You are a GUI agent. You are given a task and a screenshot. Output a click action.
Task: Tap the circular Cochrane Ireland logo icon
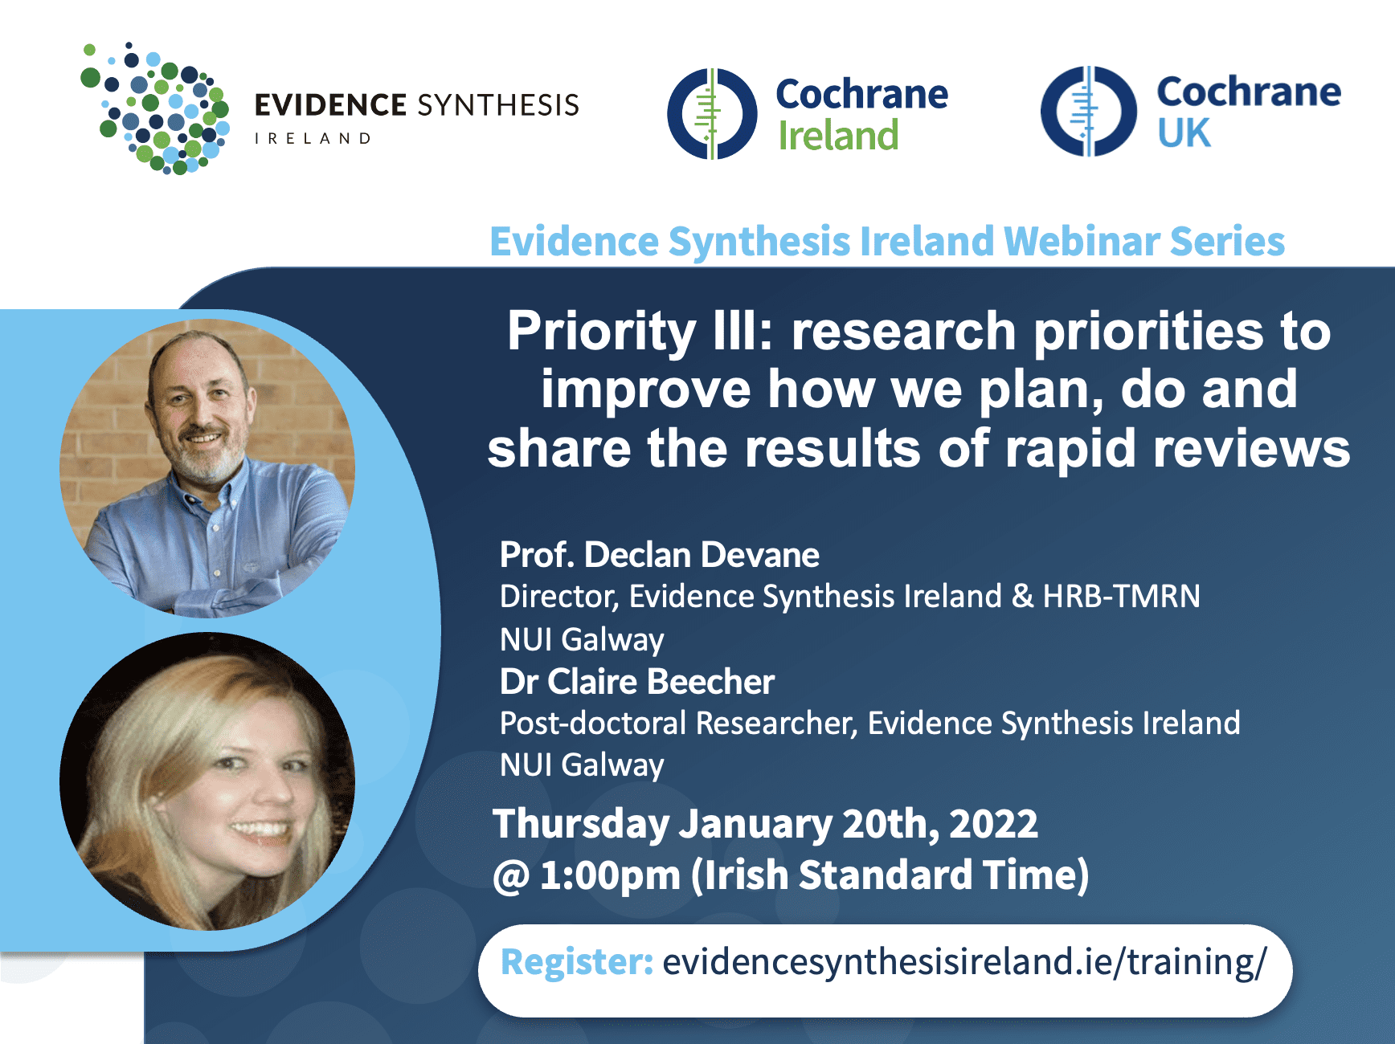tap(712, 113)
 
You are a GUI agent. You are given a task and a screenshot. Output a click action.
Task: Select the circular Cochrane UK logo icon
tap(1089, 111)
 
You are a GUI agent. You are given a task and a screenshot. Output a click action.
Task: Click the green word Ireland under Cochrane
tap(838, 135)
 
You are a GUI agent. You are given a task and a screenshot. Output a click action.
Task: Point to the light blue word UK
tap(1184, 133)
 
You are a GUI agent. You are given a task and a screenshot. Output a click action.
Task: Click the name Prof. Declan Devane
tap(660, 555)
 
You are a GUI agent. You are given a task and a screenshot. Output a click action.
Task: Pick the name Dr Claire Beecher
tap(637, 682)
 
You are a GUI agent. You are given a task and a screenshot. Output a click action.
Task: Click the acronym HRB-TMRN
tap(1122, 596)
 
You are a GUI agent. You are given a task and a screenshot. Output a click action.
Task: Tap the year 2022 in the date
tap(994, 824)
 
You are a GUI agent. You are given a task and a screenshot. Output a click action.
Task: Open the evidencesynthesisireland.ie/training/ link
tap(965, 962)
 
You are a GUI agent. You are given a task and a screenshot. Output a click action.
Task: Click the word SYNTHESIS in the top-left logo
tap(499, 105)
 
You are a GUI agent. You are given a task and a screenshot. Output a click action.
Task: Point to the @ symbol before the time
tap(511, 876)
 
